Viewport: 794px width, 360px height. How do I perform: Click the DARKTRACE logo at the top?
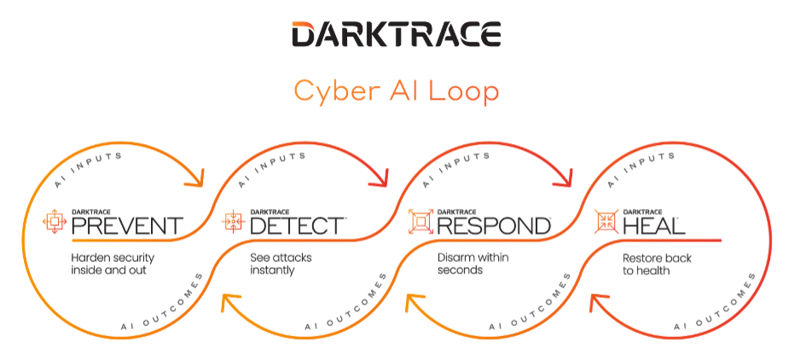coord(396,35)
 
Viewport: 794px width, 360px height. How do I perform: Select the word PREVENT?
coord(126,225)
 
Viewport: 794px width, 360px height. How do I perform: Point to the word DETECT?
coord(298,225)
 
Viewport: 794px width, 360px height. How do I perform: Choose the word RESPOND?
coord(493,225)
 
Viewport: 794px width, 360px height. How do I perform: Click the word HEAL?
coord(655,225)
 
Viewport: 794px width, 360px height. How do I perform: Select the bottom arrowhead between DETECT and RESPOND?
coord(414,299)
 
